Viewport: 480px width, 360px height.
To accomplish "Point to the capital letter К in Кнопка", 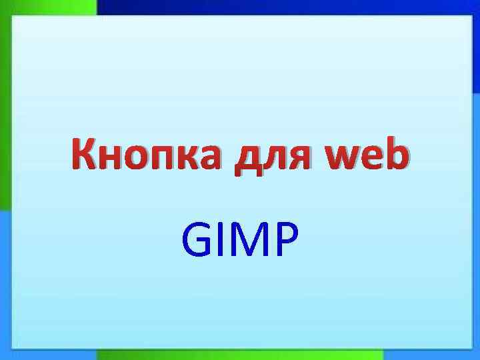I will [85, 155].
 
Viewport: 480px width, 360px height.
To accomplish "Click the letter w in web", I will [339, 159].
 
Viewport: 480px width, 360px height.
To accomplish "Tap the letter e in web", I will [371, 159].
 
